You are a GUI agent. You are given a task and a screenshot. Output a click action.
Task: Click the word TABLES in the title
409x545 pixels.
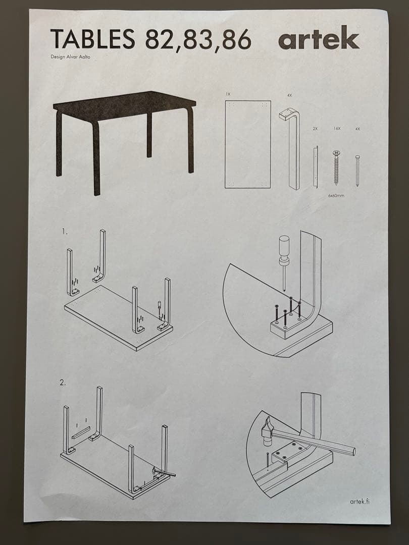pyautogui.click(x=92, y=39)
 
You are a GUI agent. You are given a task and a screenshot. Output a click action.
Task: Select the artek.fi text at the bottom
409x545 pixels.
pyautogui.click(x=363, y=501)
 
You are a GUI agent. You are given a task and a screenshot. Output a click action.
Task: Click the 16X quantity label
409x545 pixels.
pyautogui.click(x=337, y=129)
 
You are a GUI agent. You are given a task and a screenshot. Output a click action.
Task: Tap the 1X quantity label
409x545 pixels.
pyautogui.click(x=228, y=94)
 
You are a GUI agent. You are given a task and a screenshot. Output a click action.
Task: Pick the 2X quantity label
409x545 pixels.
pyautogui.click(x=315, y=129)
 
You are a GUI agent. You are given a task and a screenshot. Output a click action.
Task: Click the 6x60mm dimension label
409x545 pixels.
pyautogui.click(x=336, y=195)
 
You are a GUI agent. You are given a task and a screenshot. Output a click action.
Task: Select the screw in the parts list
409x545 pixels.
pyautogui.click(x=336, y=168)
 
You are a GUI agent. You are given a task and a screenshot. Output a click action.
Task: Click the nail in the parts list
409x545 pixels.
pyautogui.click(x=357, y=171)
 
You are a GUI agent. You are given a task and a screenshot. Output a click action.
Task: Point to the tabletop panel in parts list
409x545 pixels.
pyautogui.click(x=247, y=144)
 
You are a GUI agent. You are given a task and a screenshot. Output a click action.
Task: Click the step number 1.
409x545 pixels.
pyautogui.click(x=64, y=232)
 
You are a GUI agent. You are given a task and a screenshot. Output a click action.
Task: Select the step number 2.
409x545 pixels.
pyautogui.click(x=63, y=383)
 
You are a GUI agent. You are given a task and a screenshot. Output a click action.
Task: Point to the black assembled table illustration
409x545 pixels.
pyautogui.click(x=124, y=136)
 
